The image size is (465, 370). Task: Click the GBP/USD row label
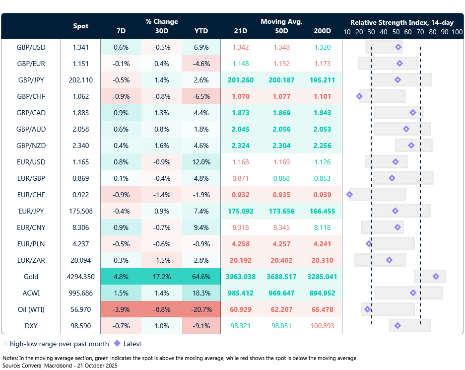pos(31,47)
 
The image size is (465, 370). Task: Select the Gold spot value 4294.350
pos(81,277)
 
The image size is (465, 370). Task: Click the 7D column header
pos(121,31)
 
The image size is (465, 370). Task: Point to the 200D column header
pos(322,31)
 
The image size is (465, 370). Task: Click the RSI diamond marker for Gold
pos(436,277)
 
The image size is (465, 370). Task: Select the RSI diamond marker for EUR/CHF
pos(349,195)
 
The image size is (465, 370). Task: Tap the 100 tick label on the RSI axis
pos(457,32)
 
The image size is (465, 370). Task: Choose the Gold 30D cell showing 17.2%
pos(161,277)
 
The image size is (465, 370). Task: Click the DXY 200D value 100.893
pos(322,326)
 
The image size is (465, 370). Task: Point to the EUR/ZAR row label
pos(31,260)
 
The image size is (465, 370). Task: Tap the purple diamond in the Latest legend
pos(117,344)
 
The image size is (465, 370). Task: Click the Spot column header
pos(81,26)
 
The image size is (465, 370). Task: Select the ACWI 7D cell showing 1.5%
pos(121,293)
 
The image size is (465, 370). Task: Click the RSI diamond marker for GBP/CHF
pos(359,96)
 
